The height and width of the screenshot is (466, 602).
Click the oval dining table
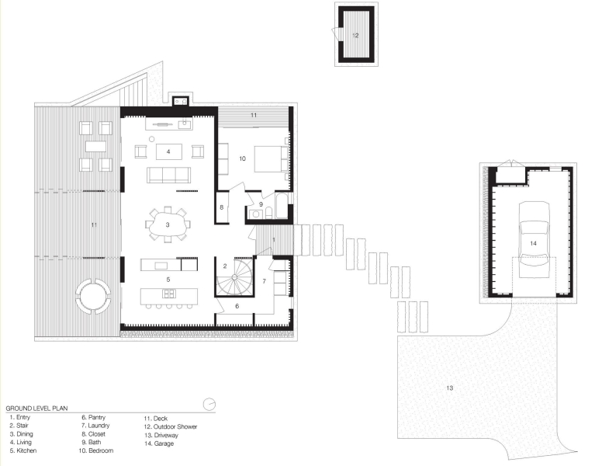click(167, 225)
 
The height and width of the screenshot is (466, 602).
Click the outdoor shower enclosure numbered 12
click(355, 35)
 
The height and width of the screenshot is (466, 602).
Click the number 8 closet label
click(222, 207)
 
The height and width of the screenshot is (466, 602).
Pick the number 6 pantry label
click(238, 306)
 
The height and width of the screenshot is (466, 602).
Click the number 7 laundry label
click(264, 280)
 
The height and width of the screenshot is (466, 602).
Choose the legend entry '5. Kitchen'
click(23, 450)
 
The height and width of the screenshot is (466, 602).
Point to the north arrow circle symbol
click(207, 404)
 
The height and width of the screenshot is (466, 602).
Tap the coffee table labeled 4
click(168, 151)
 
